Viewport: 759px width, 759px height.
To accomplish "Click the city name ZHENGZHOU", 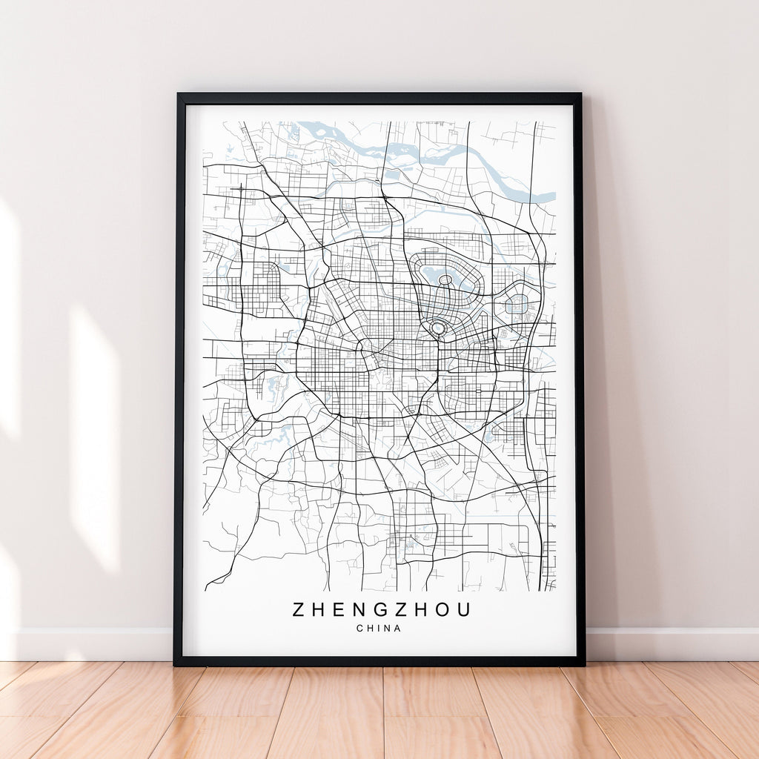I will tap(381, 609).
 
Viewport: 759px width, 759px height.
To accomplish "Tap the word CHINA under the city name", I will tap(378, 629).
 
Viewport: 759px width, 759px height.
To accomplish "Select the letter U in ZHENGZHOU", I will tap(463, 609).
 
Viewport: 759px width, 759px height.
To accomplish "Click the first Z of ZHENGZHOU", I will tap(299, 609).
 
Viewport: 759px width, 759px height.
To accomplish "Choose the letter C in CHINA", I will tap(359, 629).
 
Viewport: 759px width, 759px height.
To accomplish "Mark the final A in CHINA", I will tap(398, 629).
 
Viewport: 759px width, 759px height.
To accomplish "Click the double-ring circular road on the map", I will tap(438, 328).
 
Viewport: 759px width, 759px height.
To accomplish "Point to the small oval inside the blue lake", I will tap(445, 280).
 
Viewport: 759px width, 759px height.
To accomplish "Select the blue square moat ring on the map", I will tap(517, 304).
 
